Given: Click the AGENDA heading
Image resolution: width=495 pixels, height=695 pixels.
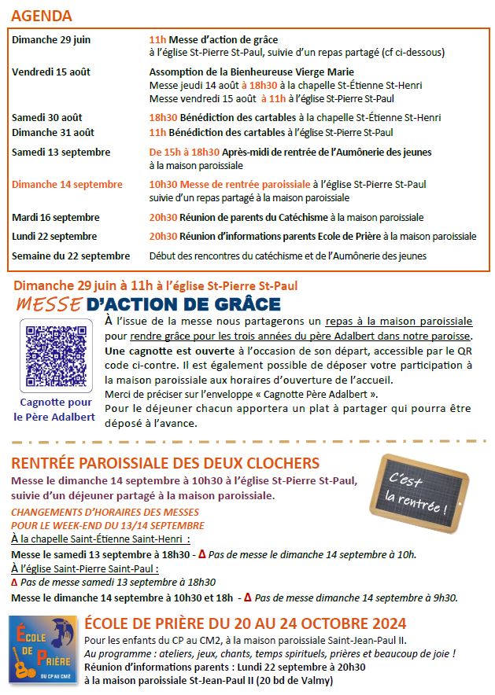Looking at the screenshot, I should (43, 16).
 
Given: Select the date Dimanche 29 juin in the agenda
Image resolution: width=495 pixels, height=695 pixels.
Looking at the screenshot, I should (51, 39).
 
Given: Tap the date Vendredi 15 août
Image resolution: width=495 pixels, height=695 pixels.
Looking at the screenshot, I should (51, 72).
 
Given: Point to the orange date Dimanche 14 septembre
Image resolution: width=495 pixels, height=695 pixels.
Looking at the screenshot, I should (67, 184).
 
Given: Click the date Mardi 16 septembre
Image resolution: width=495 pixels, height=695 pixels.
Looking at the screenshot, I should (56, 217).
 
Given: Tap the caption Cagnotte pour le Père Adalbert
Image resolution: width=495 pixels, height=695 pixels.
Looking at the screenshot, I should (55, 410).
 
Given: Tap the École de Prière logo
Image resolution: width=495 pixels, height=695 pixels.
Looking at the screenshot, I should (43, 649).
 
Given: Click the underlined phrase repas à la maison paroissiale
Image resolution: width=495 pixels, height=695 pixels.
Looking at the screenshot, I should (400, 322).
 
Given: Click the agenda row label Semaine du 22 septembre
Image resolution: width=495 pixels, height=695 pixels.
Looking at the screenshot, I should (71, 256).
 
